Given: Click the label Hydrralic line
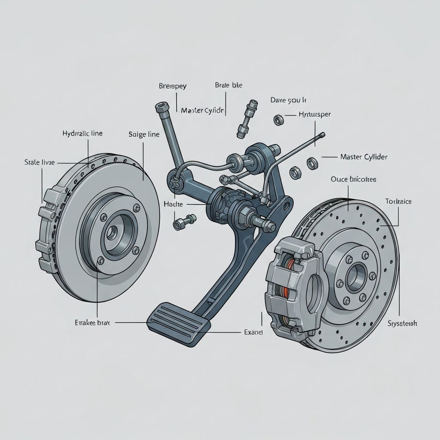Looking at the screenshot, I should pos(82,134).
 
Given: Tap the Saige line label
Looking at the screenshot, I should pos(144,134).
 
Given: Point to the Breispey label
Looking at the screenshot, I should pos(173,86).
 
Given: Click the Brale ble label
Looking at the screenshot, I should pos(228,85).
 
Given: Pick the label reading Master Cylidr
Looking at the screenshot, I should pos(202,110).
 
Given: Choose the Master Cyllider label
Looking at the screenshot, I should pos(364,157).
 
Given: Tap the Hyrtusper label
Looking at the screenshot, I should pos(314,115).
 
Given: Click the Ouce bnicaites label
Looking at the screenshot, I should pos(353,179).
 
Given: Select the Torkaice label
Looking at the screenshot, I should pos(398,201).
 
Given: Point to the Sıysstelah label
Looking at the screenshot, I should pos(402,323).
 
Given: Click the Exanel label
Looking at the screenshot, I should pos(253,332).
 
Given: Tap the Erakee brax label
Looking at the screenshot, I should pos(92,322).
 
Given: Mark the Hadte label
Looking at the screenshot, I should pos(173,204).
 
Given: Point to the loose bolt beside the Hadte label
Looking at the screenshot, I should pos(180,223).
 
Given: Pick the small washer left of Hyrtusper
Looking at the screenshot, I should pos(278,119).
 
